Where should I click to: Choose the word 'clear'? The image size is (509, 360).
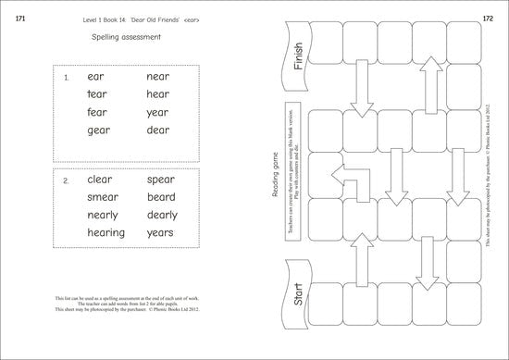(x=99, y=180)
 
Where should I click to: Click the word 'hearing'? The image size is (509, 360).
(x=106, y=233)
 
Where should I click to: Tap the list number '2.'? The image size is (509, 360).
(x=66, y=180)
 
